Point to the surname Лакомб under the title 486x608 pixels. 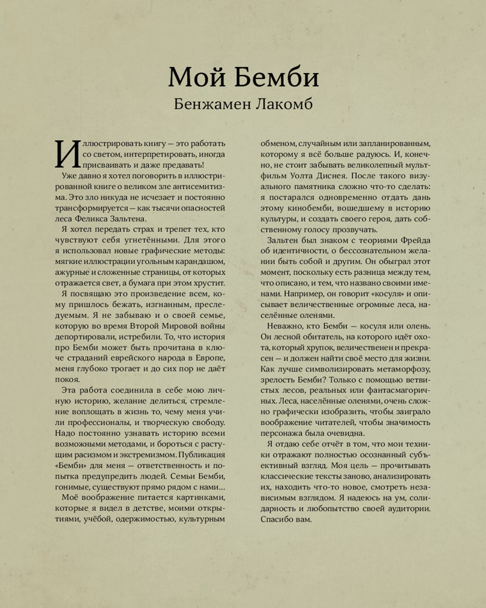282,104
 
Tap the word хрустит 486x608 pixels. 209,284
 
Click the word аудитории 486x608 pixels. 407,509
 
